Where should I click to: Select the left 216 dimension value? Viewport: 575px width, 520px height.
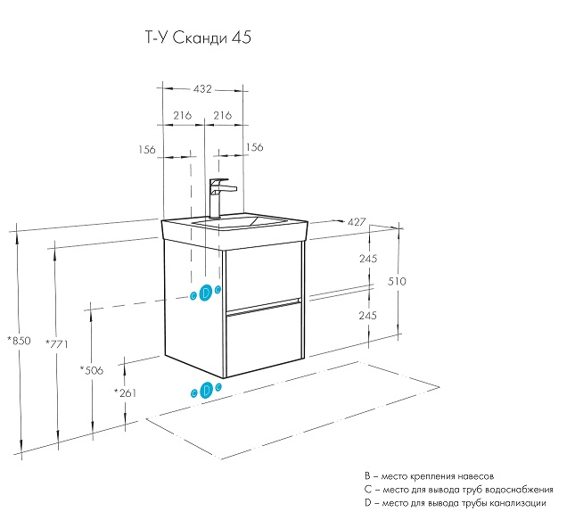point(182,116)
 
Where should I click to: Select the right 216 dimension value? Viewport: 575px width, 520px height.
point(223,116)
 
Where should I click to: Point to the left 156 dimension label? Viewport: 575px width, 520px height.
point(147,148)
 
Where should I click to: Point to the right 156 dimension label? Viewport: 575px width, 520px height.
point(254,148)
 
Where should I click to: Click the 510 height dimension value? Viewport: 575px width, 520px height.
point(397,281)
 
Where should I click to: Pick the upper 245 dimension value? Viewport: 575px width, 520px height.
point(344,259)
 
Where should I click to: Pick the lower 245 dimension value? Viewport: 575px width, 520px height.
point(344,316)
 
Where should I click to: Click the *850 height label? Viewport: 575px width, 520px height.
point(19,341)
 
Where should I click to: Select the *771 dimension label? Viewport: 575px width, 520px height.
point(56,343)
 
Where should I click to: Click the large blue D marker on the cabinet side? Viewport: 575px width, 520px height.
point(205,293)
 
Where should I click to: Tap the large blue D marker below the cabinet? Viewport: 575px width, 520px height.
point(207,389)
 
